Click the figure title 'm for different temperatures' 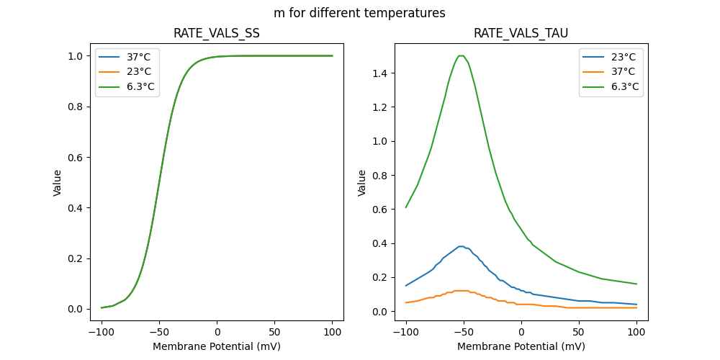(x=359, y=13)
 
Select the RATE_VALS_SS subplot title (x=217, y=34)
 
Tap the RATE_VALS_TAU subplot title (x=521, y=34)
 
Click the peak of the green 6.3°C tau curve (x=462, y=56)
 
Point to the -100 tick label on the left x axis (x=102, y=332)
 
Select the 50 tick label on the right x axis (x=579, y=332)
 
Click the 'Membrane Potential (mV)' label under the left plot (x=217, y=346)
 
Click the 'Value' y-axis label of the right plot (x=363, y=183)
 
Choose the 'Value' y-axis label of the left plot (x=58, y=183)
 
